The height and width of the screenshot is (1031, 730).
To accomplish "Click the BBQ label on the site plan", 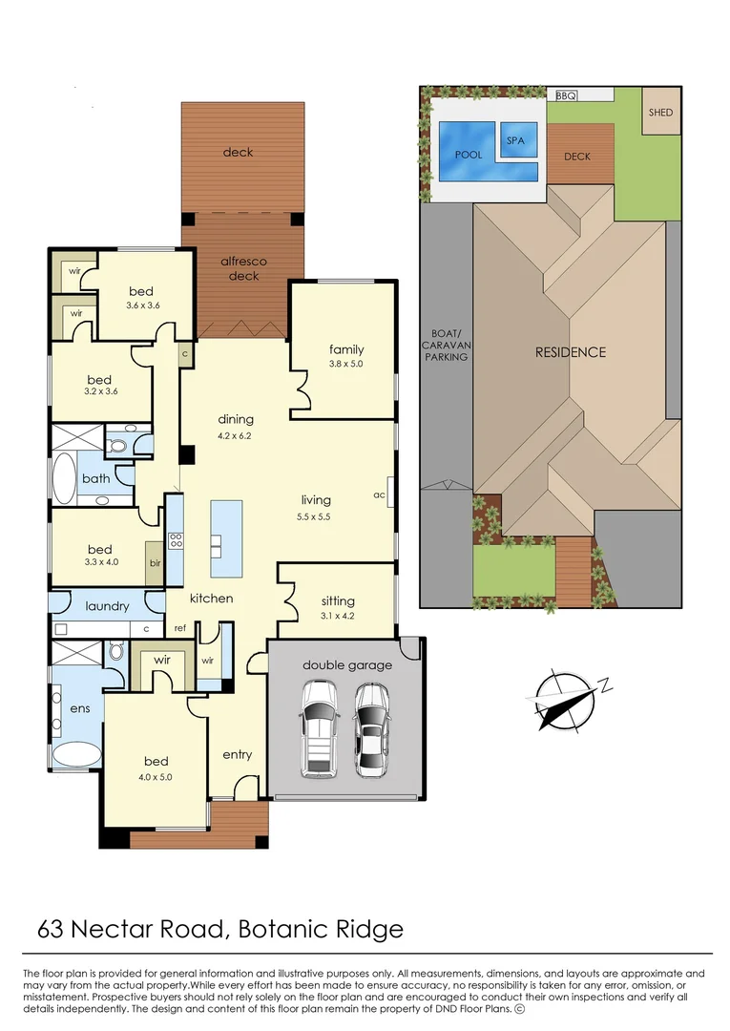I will pos(566,95).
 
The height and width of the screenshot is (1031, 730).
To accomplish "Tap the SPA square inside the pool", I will pos(515,141).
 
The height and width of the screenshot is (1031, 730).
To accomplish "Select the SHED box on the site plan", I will pos(660,112).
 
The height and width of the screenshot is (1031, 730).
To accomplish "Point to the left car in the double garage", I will pos(319,727).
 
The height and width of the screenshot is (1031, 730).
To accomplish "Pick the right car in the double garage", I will pos(370,727).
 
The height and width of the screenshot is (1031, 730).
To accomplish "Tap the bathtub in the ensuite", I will pos(76,754).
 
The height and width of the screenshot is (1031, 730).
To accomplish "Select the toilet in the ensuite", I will pos(115,653).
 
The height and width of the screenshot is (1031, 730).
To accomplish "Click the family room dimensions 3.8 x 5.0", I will pos(346,364).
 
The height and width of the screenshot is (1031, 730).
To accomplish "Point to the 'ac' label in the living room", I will pos(379,495).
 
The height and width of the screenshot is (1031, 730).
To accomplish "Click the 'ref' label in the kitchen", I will pos(179,628).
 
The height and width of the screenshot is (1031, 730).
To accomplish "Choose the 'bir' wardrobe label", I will pos(155,563).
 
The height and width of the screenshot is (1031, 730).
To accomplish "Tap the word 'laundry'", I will pos(107,606).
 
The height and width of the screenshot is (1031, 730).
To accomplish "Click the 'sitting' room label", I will pos(338,600).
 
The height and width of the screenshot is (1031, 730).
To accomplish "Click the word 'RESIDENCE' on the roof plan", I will pos(570,352).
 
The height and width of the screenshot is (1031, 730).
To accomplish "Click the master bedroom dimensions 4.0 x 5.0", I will pos(156,776).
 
